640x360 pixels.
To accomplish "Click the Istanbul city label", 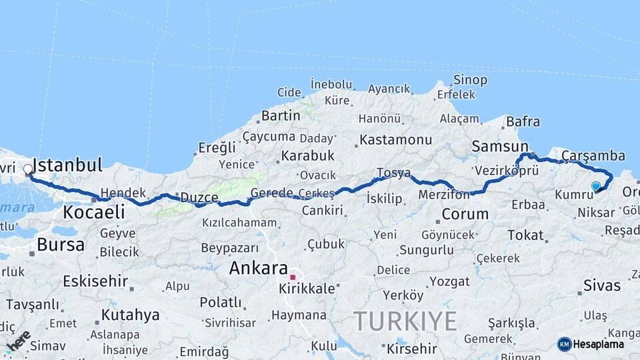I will tap(67, 165).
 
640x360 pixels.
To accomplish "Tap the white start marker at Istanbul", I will tap(28, 169).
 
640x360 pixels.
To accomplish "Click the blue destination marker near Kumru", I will tap(595, 186).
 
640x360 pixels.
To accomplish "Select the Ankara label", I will tap(258, 268).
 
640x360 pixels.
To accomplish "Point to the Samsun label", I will tap(499, 145).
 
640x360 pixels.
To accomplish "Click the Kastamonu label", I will tap(396, 140).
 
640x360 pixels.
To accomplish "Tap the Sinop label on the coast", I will tap(470, 80).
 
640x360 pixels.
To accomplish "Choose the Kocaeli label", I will tap(93, 212).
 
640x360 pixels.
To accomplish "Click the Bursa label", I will tap(61, 245).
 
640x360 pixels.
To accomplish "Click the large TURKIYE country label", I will tap(405, 321).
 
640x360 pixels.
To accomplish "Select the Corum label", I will tap(465, 215).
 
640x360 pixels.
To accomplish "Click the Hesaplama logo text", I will tap(598, 345).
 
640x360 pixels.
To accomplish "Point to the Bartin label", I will tap(281, 115).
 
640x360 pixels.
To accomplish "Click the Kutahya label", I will tap(130, 315).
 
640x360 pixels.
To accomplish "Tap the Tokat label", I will tap(525, 235).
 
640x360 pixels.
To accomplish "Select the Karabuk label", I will tap(307, 155).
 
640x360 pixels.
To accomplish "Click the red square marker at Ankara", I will tap(292, 277).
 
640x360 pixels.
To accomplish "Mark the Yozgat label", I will tap(449, 281).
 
